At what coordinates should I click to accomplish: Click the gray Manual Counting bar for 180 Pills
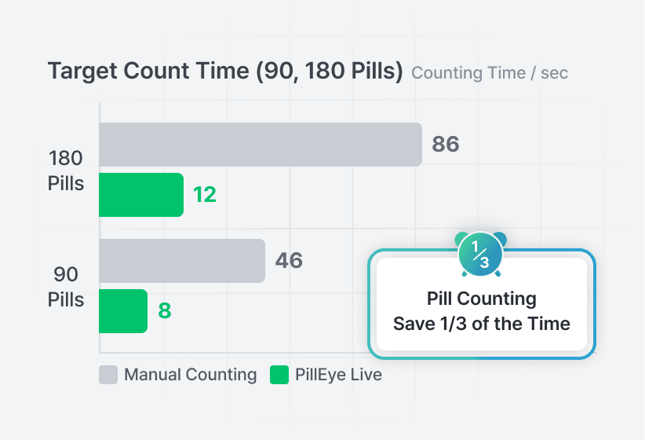coord(260,145)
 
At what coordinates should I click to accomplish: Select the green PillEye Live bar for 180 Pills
coord(141,195)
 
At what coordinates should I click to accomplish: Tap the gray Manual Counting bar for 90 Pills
coord(181,261)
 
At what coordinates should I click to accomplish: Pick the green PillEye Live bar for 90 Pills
coord(123,311)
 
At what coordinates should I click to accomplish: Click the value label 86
coord(446,145)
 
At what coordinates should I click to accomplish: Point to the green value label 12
coord(205,195)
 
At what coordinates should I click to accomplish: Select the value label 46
coord(289,261)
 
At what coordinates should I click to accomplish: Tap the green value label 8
coord(165,311)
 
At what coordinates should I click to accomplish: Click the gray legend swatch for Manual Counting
coord(108,375)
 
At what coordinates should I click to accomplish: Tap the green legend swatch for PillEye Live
coord(279,375)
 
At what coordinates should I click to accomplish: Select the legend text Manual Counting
coord(191,375)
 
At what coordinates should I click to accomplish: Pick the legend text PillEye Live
coord(338,375)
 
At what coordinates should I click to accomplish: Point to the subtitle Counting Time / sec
coord(490,73)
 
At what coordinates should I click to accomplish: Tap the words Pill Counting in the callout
coord(482,299)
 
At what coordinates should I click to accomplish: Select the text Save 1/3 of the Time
coord(482,324)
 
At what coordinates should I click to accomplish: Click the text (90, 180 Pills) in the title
coord(329,71)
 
